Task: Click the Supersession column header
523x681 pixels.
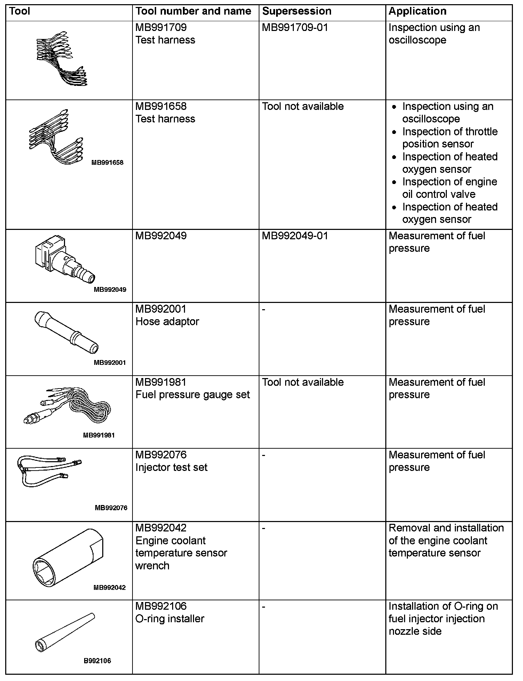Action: (297, 11)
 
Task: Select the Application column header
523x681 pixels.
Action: (417, 11)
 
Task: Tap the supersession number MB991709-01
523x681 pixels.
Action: (295, 27)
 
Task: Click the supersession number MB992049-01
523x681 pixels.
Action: (295, 236)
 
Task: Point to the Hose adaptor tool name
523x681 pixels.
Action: (167, 322)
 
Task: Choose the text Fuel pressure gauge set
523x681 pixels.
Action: (193, 395)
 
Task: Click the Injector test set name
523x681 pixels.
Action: (171, 467)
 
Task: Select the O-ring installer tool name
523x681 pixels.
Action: (170, 619)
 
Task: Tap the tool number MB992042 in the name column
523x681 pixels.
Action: (161, 528)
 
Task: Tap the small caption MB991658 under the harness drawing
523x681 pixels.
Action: (107, 162)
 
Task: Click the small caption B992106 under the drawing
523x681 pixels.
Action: (97, 661)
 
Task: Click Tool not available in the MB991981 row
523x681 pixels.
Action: (303, 382)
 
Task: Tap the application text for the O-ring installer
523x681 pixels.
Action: (443, 619)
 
